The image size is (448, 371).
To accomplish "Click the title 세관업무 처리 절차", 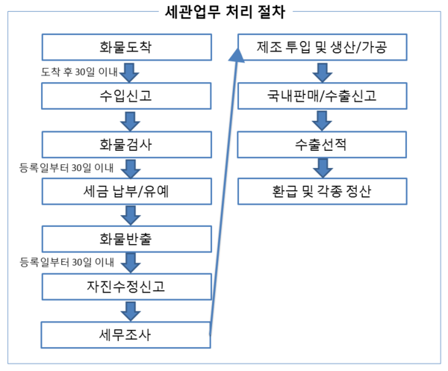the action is tap(225, 12).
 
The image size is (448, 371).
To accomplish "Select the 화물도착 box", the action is tap(127, 47).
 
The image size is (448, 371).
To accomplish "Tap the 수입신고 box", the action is tap(126, 96).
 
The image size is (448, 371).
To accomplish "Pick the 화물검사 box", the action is tap(127, 145).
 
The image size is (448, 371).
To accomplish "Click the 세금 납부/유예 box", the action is tap(127, 191).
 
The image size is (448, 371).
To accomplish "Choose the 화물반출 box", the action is tap(127, 239).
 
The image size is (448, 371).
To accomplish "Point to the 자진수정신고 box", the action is tap(127, 287).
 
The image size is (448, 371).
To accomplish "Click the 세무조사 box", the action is tap(125, 335).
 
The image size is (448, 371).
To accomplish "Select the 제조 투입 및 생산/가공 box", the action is tap(323, 47).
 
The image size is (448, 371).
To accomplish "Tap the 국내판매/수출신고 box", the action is tap(323, 96).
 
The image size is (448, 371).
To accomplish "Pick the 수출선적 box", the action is tap(322, 145).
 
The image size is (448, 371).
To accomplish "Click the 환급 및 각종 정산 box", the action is tap(323, 191).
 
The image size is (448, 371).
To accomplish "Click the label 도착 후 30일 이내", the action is tap(79, 72).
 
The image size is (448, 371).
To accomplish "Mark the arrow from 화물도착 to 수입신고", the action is tap(129, 73).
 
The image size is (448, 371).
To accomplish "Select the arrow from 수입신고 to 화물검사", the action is tap(130, 122).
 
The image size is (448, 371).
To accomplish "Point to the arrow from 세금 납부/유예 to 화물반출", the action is tap(131, 216).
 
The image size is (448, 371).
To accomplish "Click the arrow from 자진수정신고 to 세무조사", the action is tap(131, 311).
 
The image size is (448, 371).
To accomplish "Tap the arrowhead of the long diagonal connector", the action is tap(237, 55).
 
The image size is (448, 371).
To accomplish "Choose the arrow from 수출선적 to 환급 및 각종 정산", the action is tap(323, 169).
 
